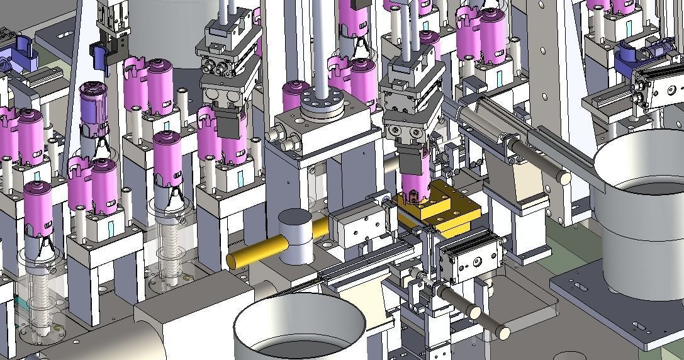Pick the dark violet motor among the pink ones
[94, 107]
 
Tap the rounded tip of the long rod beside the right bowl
[564, 178]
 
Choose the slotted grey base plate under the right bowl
[617, 308]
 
